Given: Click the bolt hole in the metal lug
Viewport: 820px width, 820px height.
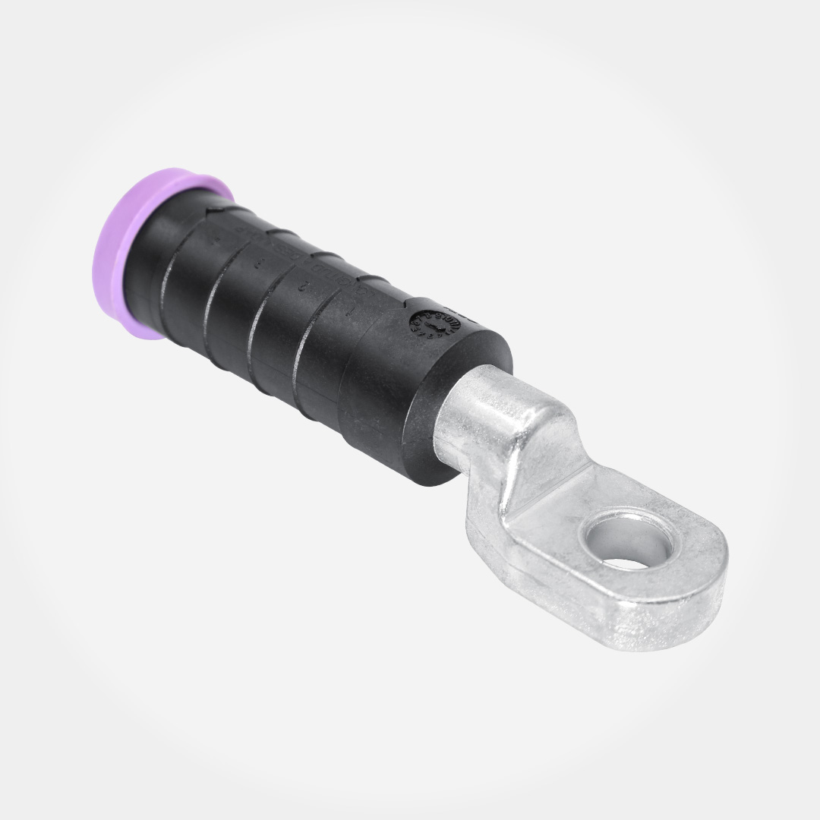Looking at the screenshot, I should (x=626, y=541).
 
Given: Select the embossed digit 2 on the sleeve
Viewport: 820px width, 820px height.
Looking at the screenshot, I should (x=304, y=287).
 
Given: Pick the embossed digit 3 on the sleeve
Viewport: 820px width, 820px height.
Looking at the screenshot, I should (x=259, y=264).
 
